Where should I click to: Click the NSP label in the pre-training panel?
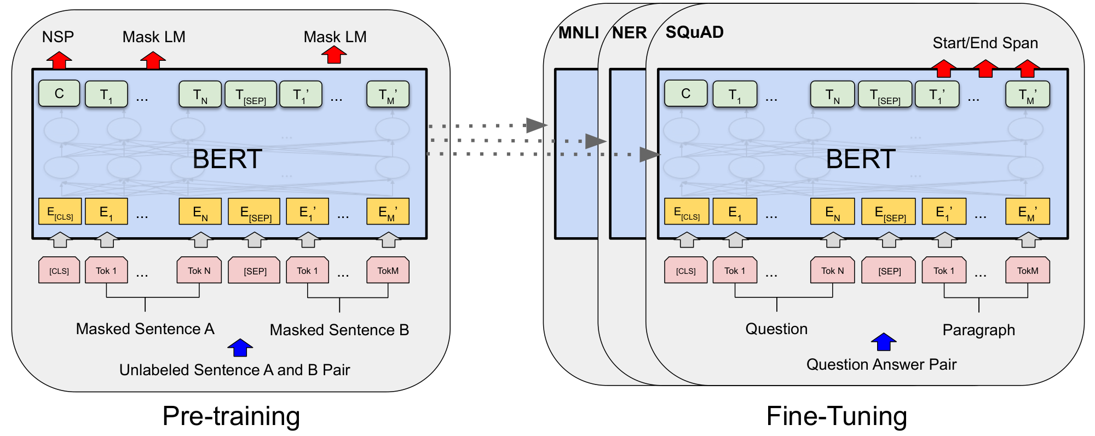tap(58, 37)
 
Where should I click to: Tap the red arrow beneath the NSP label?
tap(59, 60)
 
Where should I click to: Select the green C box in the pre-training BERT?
tap(59, 94)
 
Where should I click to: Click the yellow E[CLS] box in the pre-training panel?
tap(60, 212)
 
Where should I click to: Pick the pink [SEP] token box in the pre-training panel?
tap(255, 271)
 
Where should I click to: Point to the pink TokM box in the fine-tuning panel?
tap(1027, 271)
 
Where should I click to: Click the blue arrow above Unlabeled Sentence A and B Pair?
tap(240, 347)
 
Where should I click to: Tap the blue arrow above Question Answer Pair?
tap(883, 342)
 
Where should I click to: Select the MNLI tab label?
tap(578, 33)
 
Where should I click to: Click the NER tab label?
tap(629, 33)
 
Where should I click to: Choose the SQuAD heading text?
tap(694, 32)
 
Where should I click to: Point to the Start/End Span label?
tap(985, 43)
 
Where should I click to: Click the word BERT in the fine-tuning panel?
tap(860, 159)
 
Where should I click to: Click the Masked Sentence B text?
tap(339, 330)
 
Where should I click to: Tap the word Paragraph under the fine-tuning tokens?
tap(978, 330)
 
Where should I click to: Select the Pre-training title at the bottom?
tap(231, 416)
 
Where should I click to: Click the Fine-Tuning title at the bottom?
tap(836, 416)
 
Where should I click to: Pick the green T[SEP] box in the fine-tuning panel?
tap(885, 94)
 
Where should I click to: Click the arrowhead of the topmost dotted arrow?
tap(535, 125)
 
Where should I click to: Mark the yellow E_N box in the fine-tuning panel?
tap(832, 212)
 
